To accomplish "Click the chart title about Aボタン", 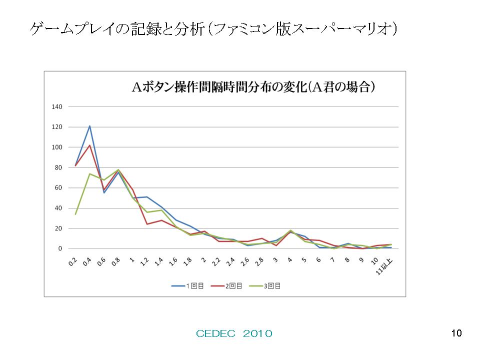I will [253, 87].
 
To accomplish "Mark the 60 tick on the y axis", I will [58, 188].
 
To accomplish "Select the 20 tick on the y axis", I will [58, 228].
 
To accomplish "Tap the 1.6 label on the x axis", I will [173, 261].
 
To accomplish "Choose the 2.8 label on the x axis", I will [259, 261].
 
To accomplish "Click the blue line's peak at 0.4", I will [89, 126].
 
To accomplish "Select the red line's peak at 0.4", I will [89, 145].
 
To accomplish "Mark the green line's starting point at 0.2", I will [75, 214].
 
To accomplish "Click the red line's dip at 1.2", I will [147, 224].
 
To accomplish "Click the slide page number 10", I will [455, 333].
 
